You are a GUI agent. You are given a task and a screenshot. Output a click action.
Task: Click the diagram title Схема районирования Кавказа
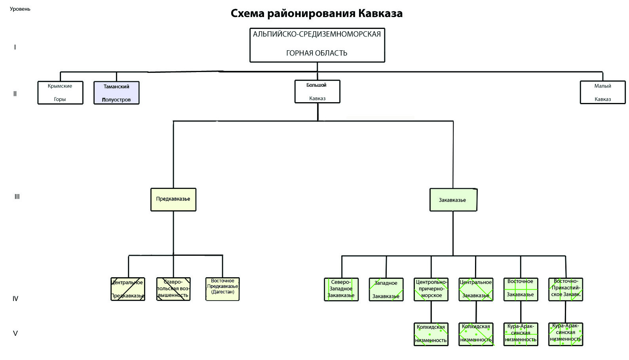(x=316, y=13)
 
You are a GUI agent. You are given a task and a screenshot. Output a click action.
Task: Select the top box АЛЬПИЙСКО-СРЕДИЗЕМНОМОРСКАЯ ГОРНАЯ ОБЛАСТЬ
(x=317, y=45)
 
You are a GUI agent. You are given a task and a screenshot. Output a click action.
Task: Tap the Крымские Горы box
(x=60, y=93)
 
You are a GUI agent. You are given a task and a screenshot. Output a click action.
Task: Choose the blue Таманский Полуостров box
(x=116, y=93)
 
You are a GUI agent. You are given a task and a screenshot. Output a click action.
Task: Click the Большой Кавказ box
(x=317, y=91)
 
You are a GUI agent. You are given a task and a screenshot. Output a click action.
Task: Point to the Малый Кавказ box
(x=602, y=92)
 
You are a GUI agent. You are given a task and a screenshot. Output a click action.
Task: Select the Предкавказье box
(x=173, y=199)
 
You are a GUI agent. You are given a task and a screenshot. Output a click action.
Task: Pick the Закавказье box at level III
(x=453, y=200)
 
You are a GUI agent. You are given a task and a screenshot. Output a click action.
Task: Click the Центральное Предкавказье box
(x=128, y=289)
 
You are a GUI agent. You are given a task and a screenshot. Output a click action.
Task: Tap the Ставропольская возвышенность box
(x=173, y=289)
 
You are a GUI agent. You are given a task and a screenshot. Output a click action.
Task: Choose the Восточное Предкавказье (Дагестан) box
(x=222, y=289)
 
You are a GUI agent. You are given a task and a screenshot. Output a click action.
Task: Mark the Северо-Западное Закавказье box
(x=341, y=290)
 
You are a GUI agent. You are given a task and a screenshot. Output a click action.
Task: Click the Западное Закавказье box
(x=386, y=290)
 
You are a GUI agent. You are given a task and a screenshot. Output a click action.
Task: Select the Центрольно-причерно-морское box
(x=431, y=290)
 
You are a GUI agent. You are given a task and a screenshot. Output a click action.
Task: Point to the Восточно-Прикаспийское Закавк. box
(x=566, y=290)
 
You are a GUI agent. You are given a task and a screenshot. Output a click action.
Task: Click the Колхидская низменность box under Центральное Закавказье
(x=476, y=334)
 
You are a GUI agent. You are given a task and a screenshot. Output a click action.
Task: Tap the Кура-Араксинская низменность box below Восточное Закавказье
(x=521, y=334)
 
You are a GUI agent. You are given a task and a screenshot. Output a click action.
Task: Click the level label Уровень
(x=20, y=9)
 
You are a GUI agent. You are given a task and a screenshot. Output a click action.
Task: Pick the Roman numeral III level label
(x=17, y=196)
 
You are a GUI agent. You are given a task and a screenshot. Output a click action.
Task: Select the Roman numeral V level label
(x=15, y=333)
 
